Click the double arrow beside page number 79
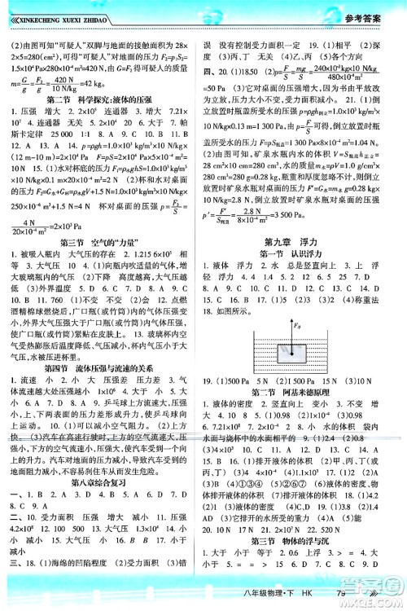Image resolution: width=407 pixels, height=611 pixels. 373,594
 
